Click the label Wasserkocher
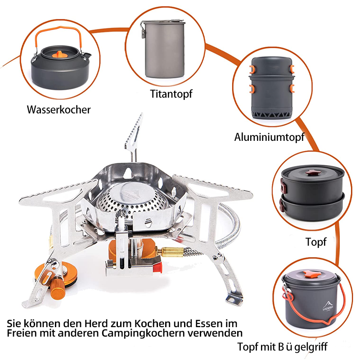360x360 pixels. pos(58,109)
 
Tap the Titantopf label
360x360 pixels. pos(171,94)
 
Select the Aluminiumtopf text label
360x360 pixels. pos(269,137)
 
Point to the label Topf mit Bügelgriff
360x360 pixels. pos(283,346)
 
